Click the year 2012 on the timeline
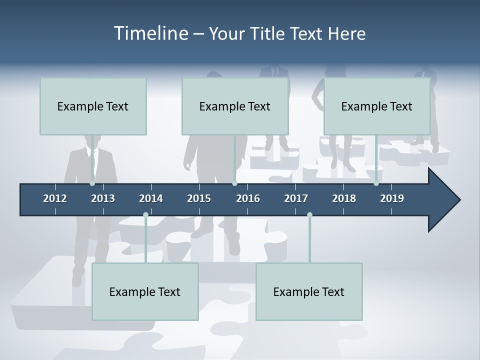[x=55, y=198]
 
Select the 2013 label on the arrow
[x=103, y=198]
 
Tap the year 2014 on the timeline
[x=151, y=198]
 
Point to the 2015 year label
[x=199, y=198]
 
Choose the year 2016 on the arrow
[x=248, y=198]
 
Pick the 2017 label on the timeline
[x=296, y=198]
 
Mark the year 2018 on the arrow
[x=344, y=198]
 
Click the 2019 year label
[x=392, y=198]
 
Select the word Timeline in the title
[x=150, y=33]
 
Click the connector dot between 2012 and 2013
[x=92, y=183]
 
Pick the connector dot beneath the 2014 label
[x=145, y=215]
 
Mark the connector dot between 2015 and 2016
[x=234, y=183]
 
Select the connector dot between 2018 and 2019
[x=376, y=183]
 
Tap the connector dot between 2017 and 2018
[x=309, y=215]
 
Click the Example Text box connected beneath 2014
[x=145, y=291]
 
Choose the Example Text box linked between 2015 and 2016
[x=234, y=106]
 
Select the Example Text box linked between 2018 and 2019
[x=376, y=106]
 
